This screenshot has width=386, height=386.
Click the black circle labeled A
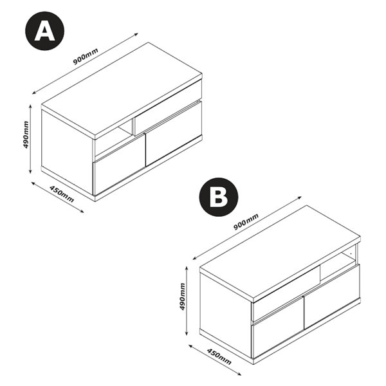45,31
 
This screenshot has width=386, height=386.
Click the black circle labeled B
219,197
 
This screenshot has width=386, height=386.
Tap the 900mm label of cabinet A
86,57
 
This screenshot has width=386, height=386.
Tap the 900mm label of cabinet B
246,222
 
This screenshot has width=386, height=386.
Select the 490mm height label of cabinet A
26,134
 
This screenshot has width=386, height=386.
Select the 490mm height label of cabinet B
182,297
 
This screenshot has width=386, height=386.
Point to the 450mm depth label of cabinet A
62,194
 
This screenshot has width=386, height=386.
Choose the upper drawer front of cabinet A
167,107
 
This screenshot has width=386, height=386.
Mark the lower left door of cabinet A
119,165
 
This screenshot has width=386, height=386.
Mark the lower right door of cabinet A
174,134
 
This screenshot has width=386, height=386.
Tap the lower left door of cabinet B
278,327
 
